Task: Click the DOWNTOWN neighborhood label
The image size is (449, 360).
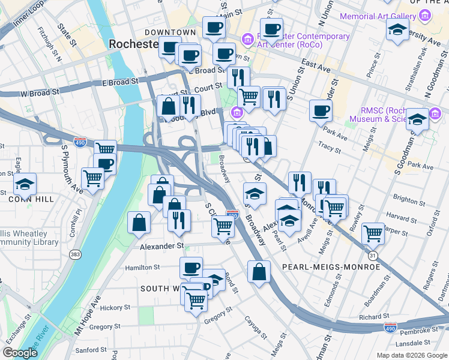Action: click(170, 32)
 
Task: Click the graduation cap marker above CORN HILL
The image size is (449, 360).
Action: click(25, 184)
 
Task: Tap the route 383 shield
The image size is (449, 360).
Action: click(75, 255)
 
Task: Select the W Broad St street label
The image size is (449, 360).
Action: click(39, 93)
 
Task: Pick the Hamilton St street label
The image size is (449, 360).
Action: click(142, 268)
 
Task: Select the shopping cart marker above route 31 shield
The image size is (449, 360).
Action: click(373, 233)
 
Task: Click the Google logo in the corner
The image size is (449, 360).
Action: click(20, 353)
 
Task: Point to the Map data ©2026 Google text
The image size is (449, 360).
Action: click(412, 355)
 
